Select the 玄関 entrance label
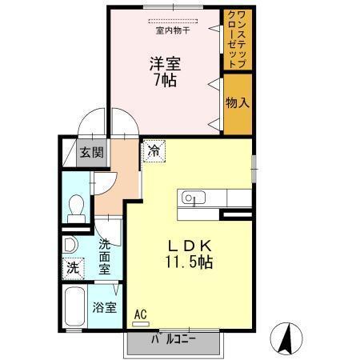pos(91,152)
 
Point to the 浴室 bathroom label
pos(102,306)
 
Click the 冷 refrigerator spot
pos(152,150)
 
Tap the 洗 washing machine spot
pos(73,269)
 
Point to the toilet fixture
pos(76,207)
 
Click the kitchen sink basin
pos(194,198)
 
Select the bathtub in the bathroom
pos(73,307)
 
